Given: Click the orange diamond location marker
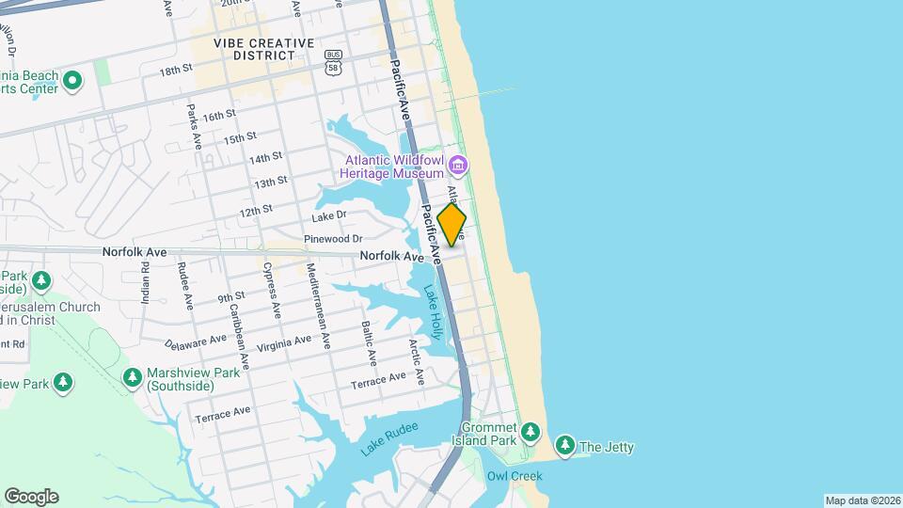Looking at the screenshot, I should [x=451, y=225].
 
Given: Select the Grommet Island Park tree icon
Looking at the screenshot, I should [x=531, y=432].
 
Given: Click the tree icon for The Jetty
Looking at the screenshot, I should [x=565, y=446].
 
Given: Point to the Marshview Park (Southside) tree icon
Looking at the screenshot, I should [x=133, y=377].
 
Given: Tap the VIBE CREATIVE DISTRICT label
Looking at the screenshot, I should [x=263, y=49].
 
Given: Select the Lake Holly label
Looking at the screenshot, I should [x=433, y=313].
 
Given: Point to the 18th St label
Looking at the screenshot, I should [x=176, y=71].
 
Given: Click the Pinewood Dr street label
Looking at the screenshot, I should [x=333, y=239].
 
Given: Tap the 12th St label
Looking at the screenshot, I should [x=255, y=211].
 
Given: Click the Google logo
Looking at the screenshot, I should [x=31, y=497].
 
